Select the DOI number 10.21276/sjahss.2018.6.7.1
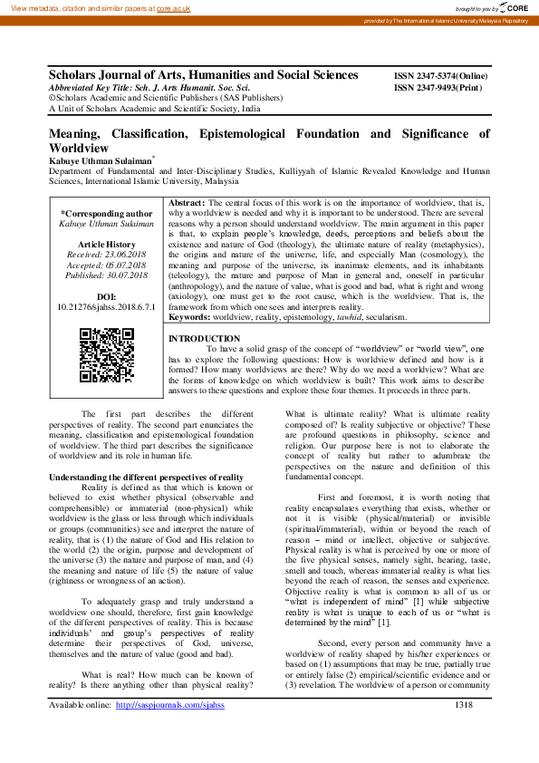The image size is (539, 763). coord(107,307)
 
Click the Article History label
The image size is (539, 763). coord(107,245)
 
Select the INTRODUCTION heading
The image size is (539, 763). coord(205,338)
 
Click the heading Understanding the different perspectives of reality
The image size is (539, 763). coord(146,477)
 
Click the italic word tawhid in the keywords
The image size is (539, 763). coord(350,318)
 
